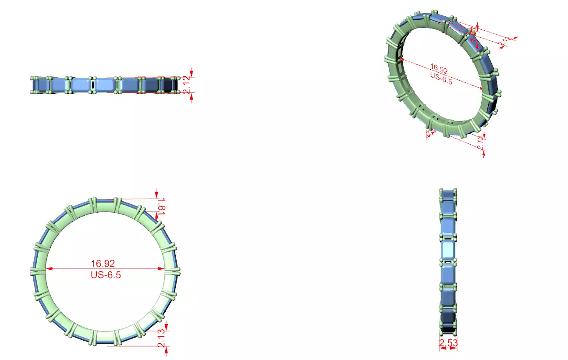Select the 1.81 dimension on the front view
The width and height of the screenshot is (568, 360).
161,206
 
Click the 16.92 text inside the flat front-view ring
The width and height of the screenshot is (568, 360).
103,264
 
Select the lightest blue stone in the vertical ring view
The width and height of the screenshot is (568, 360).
447,250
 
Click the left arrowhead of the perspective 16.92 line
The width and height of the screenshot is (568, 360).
401,59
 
